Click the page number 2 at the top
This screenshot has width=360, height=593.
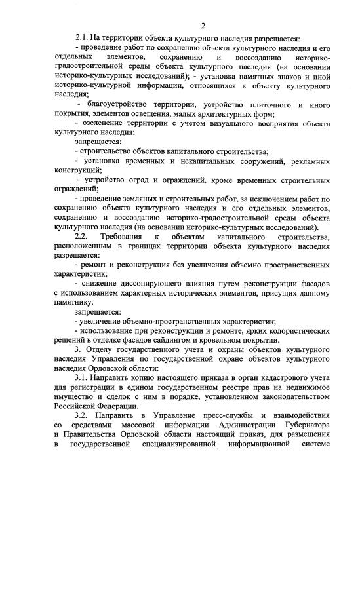click(203, 26)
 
